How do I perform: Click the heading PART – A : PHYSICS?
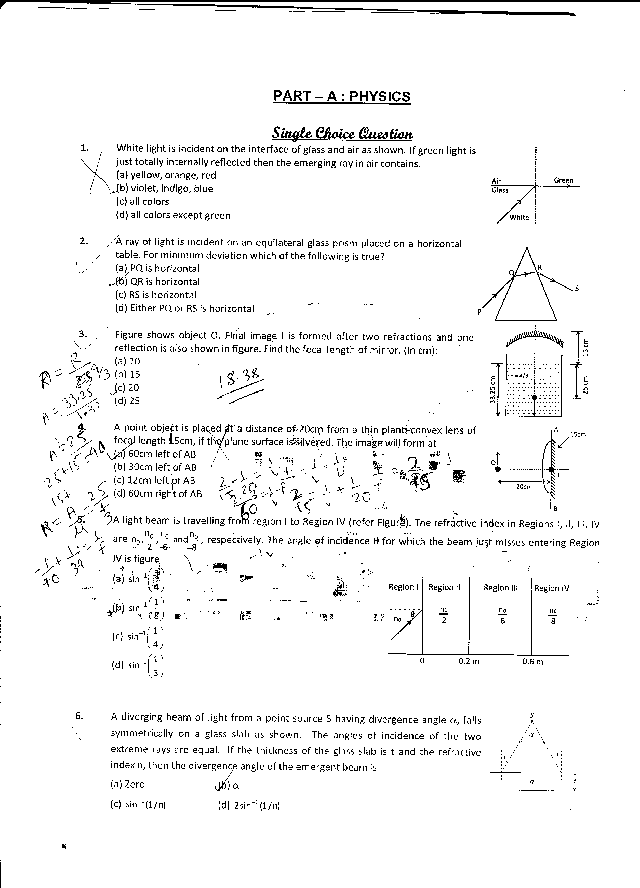coord(342,96)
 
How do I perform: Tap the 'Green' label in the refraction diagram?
coord(563,180)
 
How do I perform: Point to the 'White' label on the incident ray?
coord(519,217)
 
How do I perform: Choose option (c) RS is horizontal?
coord(155,295)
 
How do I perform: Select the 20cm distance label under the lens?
coord(524,487)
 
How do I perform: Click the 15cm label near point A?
coord(578,434)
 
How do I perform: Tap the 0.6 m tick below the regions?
coord(533,662)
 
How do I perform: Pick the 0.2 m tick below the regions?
coord(469,661)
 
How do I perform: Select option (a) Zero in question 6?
coord(128,784)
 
